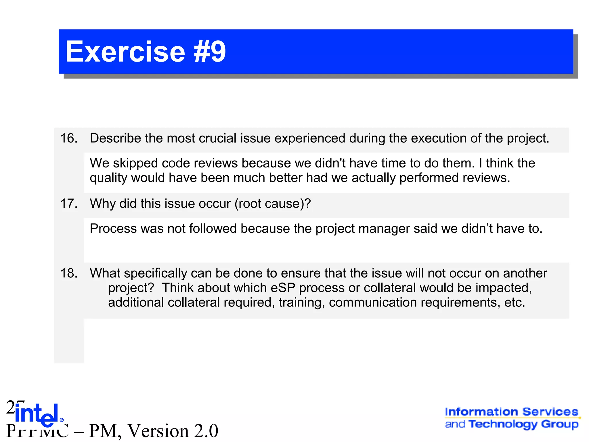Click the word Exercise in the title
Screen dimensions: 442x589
(125, 52)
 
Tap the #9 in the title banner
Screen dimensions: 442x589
(210, 52)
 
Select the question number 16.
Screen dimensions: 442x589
(69, 138)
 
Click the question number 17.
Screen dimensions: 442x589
(69, 204)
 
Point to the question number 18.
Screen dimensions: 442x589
(69, 273)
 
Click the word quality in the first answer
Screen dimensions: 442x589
(108, 178)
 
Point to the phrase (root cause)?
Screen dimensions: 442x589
(273, 204)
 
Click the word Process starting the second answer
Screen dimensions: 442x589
(113, 229)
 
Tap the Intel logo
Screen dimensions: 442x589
(37, 415)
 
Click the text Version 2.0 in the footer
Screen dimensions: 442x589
(173, 431)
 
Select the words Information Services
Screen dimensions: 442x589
(511, 412)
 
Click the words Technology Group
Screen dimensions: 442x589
(523, 424)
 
